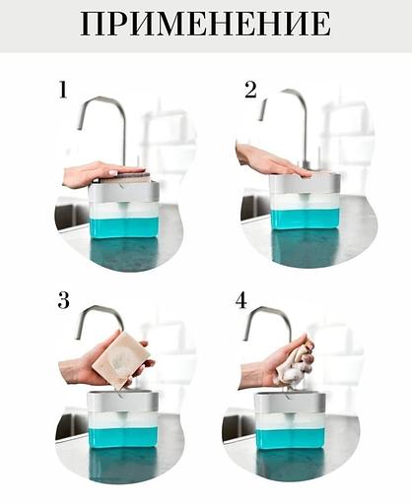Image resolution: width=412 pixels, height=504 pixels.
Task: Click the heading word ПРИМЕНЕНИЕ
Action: pyautogui.click(x=206, y=24)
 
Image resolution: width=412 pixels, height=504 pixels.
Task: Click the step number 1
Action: pyautogui.click(x=63, y=90)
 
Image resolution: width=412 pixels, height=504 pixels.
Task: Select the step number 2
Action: pyautogui.click(x=250, y=90)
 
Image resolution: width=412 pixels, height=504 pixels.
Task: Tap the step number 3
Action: pyautogui.click(x=64, y=300)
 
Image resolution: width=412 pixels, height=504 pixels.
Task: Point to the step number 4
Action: pyautogui.click(x=241, y=300)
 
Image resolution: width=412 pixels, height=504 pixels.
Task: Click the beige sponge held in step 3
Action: pyautogui.click(x=120, y=358)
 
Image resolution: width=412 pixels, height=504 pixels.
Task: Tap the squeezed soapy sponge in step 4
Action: pyautogui.click(x=295, y=362)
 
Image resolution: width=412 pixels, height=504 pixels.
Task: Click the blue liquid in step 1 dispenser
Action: pyautogui.click(x=124, y=226)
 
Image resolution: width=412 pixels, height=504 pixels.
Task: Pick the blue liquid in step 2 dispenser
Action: pyautogui.click(x=305, y=220)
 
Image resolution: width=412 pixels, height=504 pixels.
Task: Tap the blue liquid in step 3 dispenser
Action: pyautogui.click(x=123, y=437)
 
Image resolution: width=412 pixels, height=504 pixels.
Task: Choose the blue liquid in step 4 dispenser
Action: pyautogui.click(x=291, y=437)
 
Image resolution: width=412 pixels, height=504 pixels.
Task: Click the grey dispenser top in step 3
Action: pyautogui.click(x=122, y=402)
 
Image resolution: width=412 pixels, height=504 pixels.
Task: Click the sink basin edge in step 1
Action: pyautogui.click(x=70, y=216)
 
